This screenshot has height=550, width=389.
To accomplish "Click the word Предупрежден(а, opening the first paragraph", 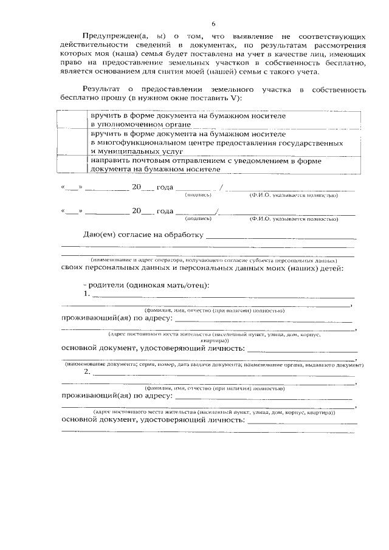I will (x=112, y=36).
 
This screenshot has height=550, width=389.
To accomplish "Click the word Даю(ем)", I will (x=101, y=235).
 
